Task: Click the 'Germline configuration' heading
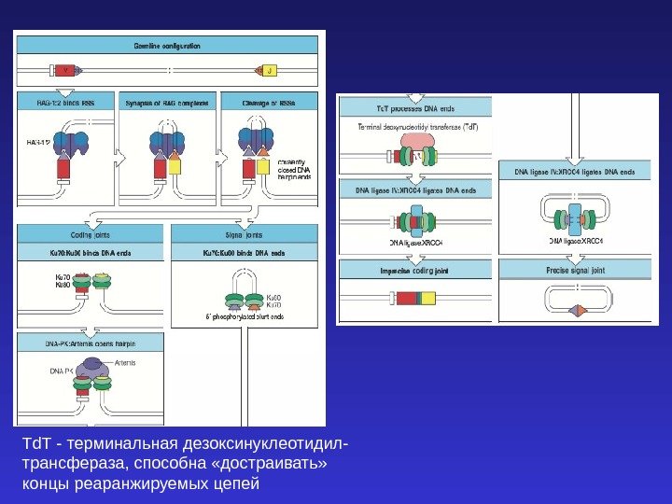[168, 45]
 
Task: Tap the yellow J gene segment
[268, 70]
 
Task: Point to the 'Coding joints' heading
[89, 235]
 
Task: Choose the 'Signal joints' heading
[245, 235]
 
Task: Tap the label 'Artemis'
[127, 362]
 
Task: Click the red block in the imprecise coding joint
[407, 300]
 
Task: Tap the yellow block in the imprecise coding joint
[427, 300]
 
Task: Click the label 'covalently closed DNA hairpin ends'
[296, 171]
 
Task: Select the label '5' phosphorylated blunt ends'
[245, 317]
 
